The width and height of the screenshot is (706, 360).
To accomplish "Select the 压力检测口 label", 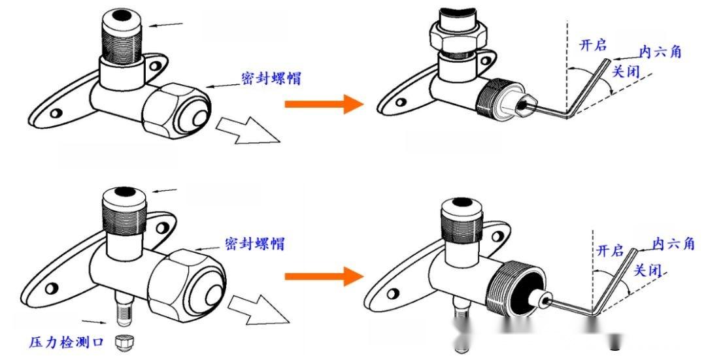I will pyautogui.click(x=66, y=342).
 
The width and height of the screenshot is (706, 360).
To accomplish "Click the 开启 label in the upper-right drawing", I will pyautogui.click(x=594, y=45).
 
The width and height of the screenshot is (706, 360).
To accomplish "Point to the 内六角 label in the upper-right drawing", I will pyautogui.click(x=658, y=52).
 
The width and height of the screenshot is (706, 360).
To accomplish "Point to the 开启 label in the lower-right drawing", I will pyautogui.click(x=610, y=250).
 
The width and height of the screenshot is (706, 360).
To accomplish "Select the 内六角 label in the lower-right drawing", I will pyautogui.click(x=673, y=244).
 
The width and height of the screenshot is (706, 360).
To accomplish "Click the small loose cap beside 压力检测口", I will pyautogui.click(x=121, y=341).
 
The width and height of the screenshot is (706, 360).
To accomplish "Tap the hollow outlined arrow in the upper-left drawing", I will pyautogui.click(x=248, y=131).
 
